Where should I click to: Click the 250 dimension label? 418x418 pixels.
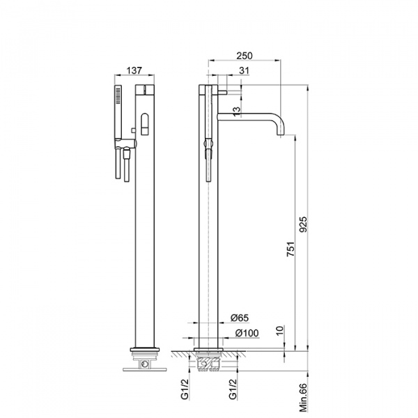[x=245, y=56]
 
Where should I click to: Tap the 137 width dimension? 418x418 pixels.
[x=134, y=70]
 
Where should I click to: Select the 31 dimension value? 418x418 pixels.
[x=244, y=70]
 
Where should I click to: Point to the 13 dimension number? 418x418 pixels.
[x=237, y=111]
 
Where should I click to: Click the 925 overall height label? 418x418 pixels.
[x=303, y=224]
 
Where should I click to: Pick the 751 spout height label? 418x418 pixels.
[x=291, y=249]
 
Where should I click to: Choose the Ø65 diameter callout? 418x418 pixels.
[x=240, y=318]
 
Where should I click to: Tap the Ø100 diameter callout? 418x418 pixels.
[x=247, y=333]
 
